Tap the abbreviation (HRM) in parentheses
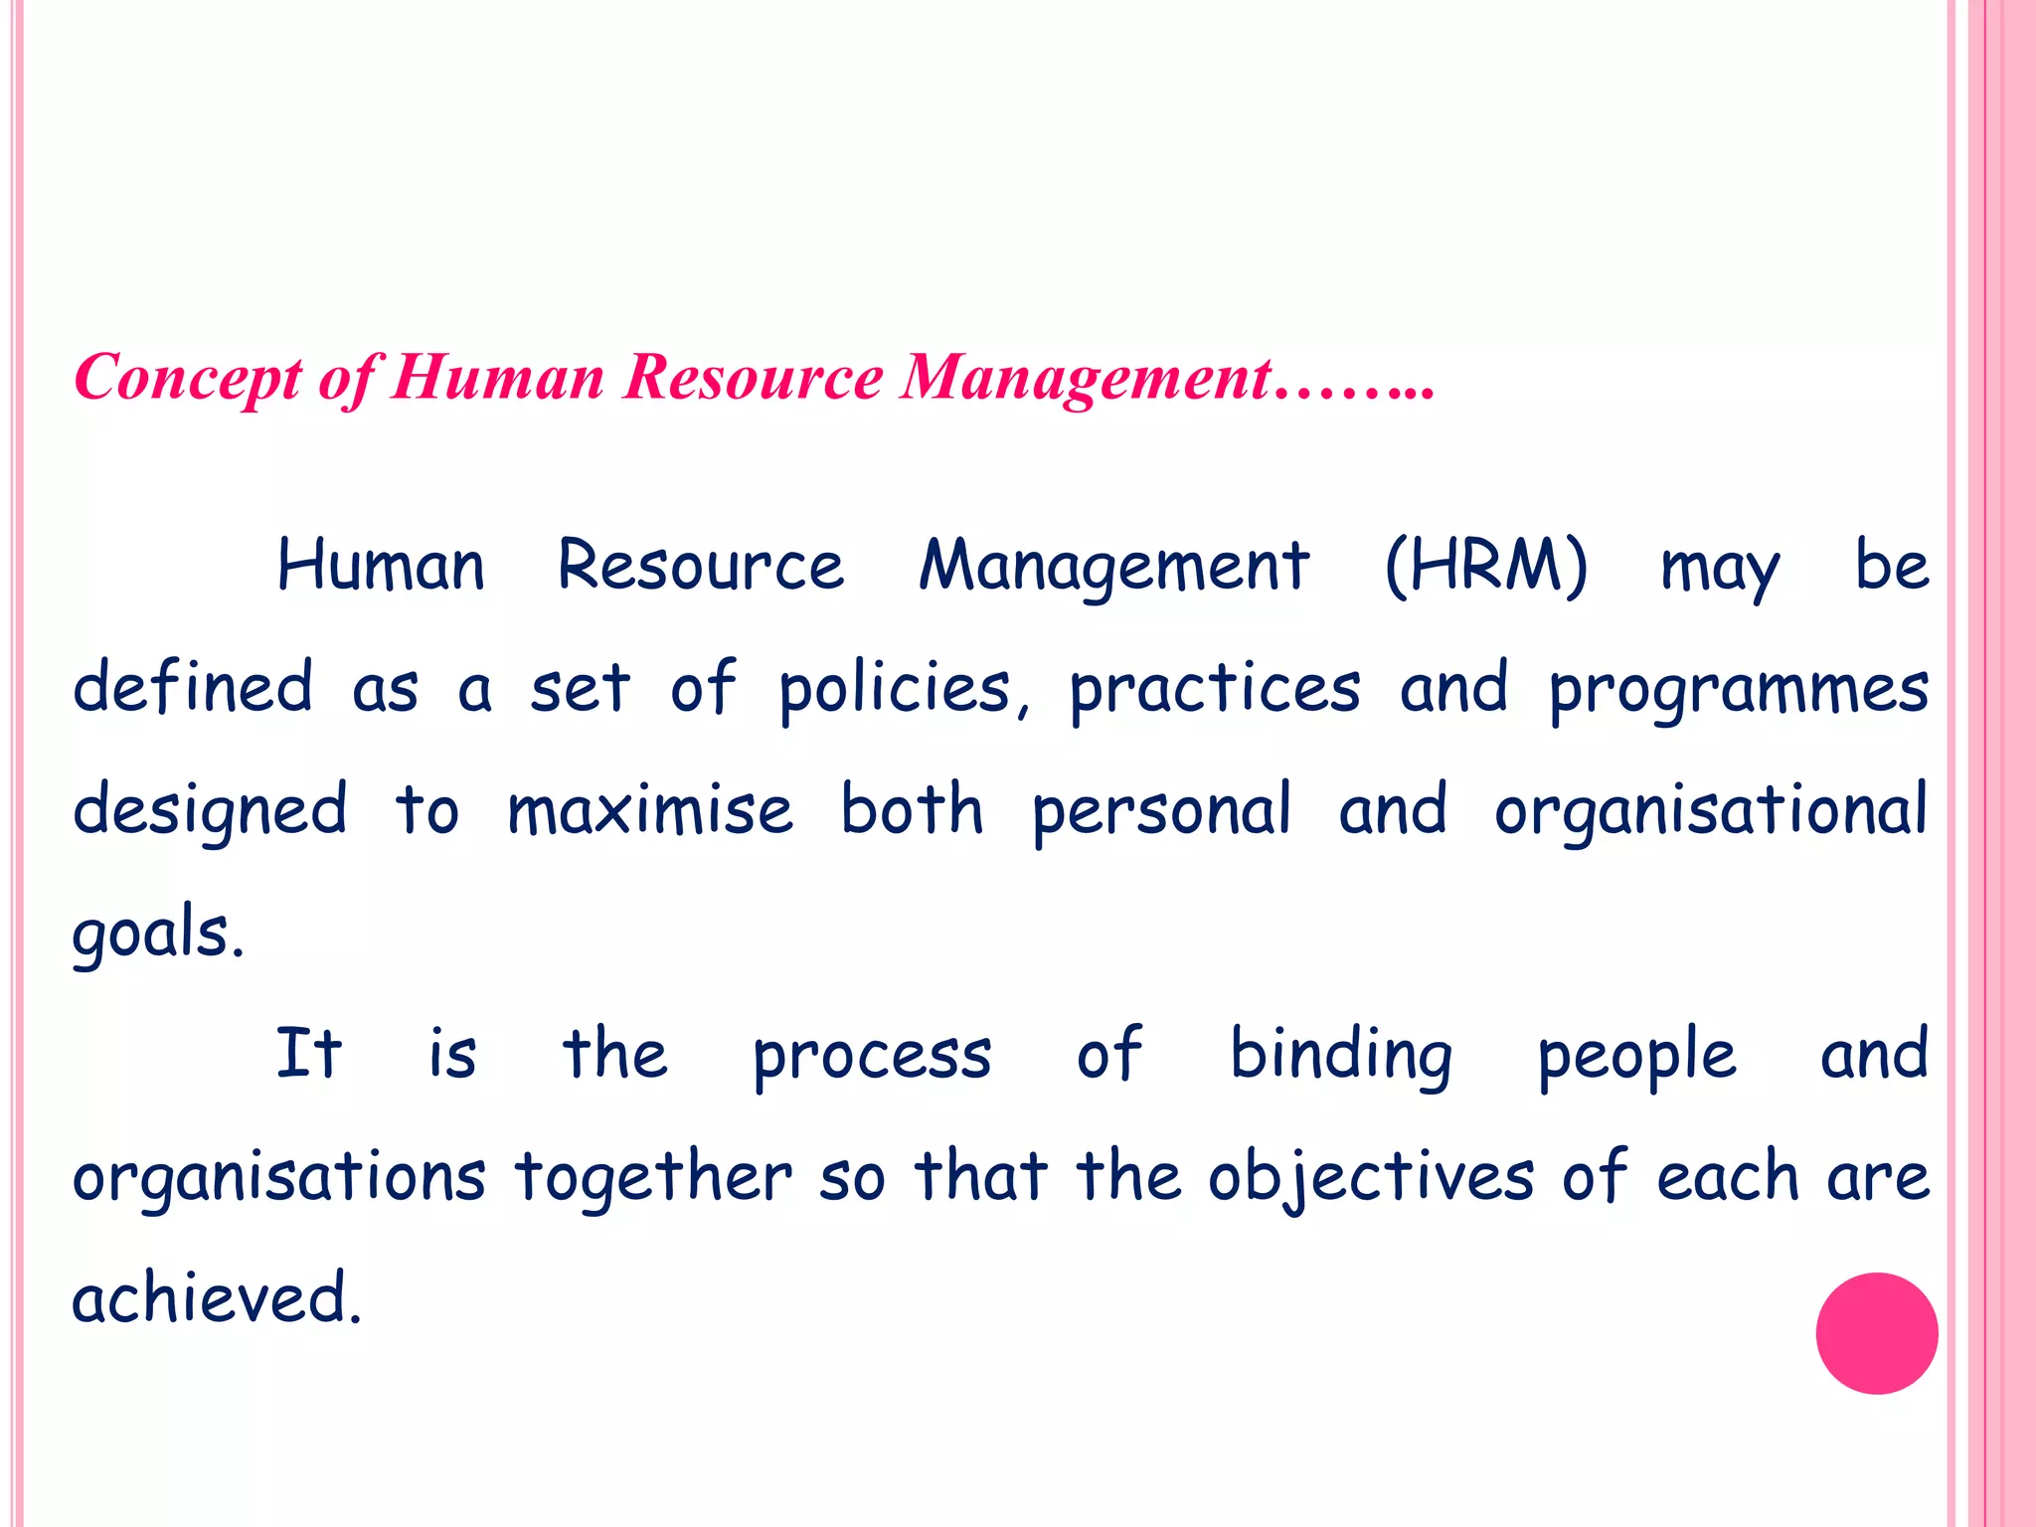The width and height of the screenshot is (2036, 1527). pyautogui.click(x=1485, y=566)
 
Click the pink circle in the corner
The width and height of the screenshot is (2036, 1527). pyautogui.click(x=1876, y=1333)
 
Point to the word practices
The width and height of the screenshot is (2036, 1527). pyautogui.click(x=1214, y=689)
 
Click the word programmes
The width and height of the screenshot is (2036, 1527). pyautogui.click(x=1739, y=689)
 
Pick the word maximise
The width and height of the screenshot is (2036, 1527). pyautogui.click(x=650, y=809)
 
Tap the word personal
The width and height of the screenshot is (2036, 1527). pyautogui.click(x=1161, y=811)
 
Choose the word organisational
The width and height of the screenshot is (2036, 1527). pyautogui.click(x=1710, y=811)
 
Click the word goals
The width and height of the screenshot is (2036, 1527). pyautogui.click(x=157, y=934)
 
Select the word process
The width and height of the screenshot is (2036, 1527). pyautogui.click(x=872, y=1056)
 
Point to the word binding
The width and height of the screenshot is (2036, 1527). pyautogui.click(x=1341, y=1056)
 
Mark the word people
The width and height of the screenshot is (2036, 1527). pyautogui.click(x=1636, y=1056)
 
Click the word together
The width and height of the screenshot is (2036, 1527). pyautogui.click(x=653, y=1178)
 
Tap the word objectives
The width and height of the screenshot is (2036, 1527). pyautogui.click(x=1371, y=1178)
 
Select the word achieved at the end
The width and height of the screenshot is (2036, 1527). pyautogui.click(x=216, y=1298)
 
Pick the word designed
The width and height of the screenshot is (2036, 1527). pyautogui.click(x=210, y=811)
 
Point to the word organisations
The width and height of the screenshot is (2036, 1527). pyautogui.click(x=278, y=1178)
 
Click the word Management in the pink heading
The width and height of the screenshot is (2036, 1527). pyautogui.click(x=1085, y=378)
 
